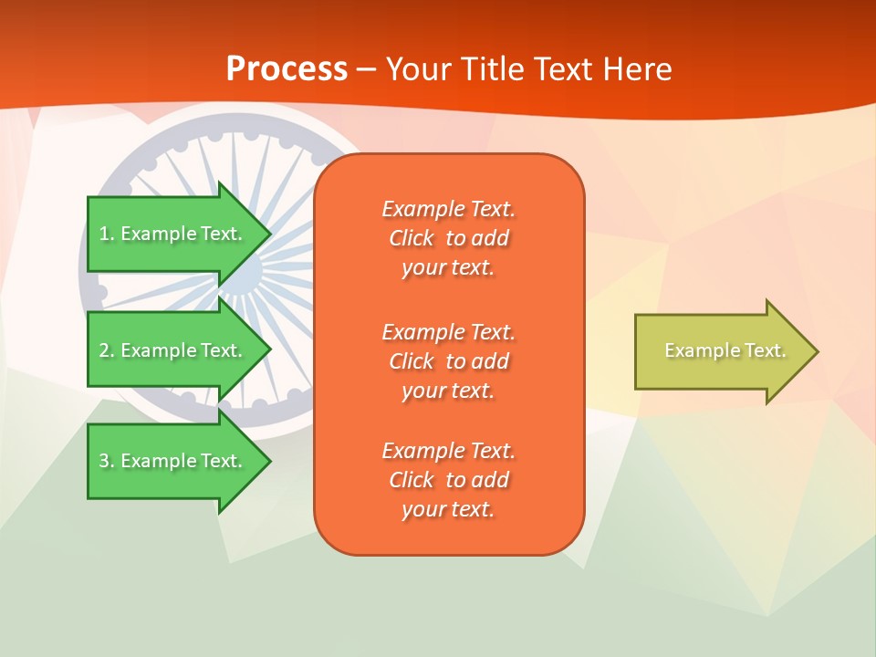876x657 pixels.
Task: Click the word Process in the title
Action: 287,69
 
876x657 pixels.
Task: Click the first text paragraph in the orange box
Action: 448,238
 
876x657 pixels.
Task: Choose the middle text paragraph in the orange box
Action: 448,361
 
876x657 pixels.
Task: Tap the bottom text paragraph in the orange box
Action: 448,480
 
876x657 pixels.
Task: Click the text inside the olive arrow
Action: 725,350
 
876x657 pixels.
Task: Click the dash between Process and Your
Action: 367,69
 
